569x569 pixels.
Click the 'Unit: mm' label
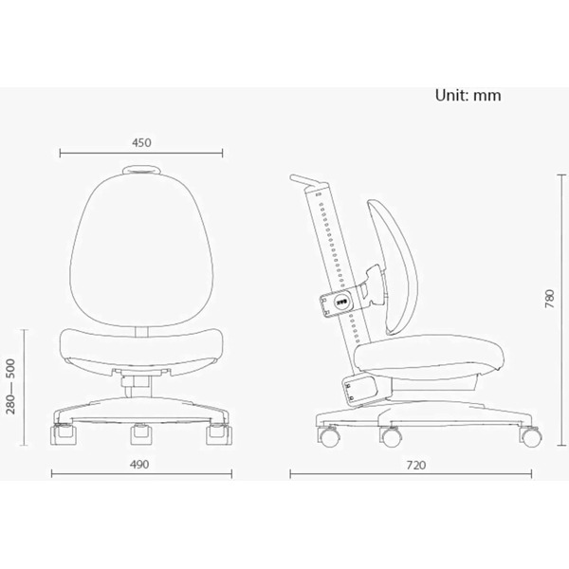468,96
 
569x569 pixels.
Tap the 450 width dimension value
141,142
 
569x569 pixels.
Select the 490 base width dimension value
139,465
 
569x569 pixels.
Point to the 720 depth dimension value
416,466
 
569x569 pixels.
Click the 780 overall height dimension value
550,299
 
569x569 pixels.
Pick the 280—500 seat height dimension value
10,387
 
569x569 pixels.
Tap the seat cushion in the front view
141,348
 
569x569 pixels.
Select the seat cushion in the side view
429,357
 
